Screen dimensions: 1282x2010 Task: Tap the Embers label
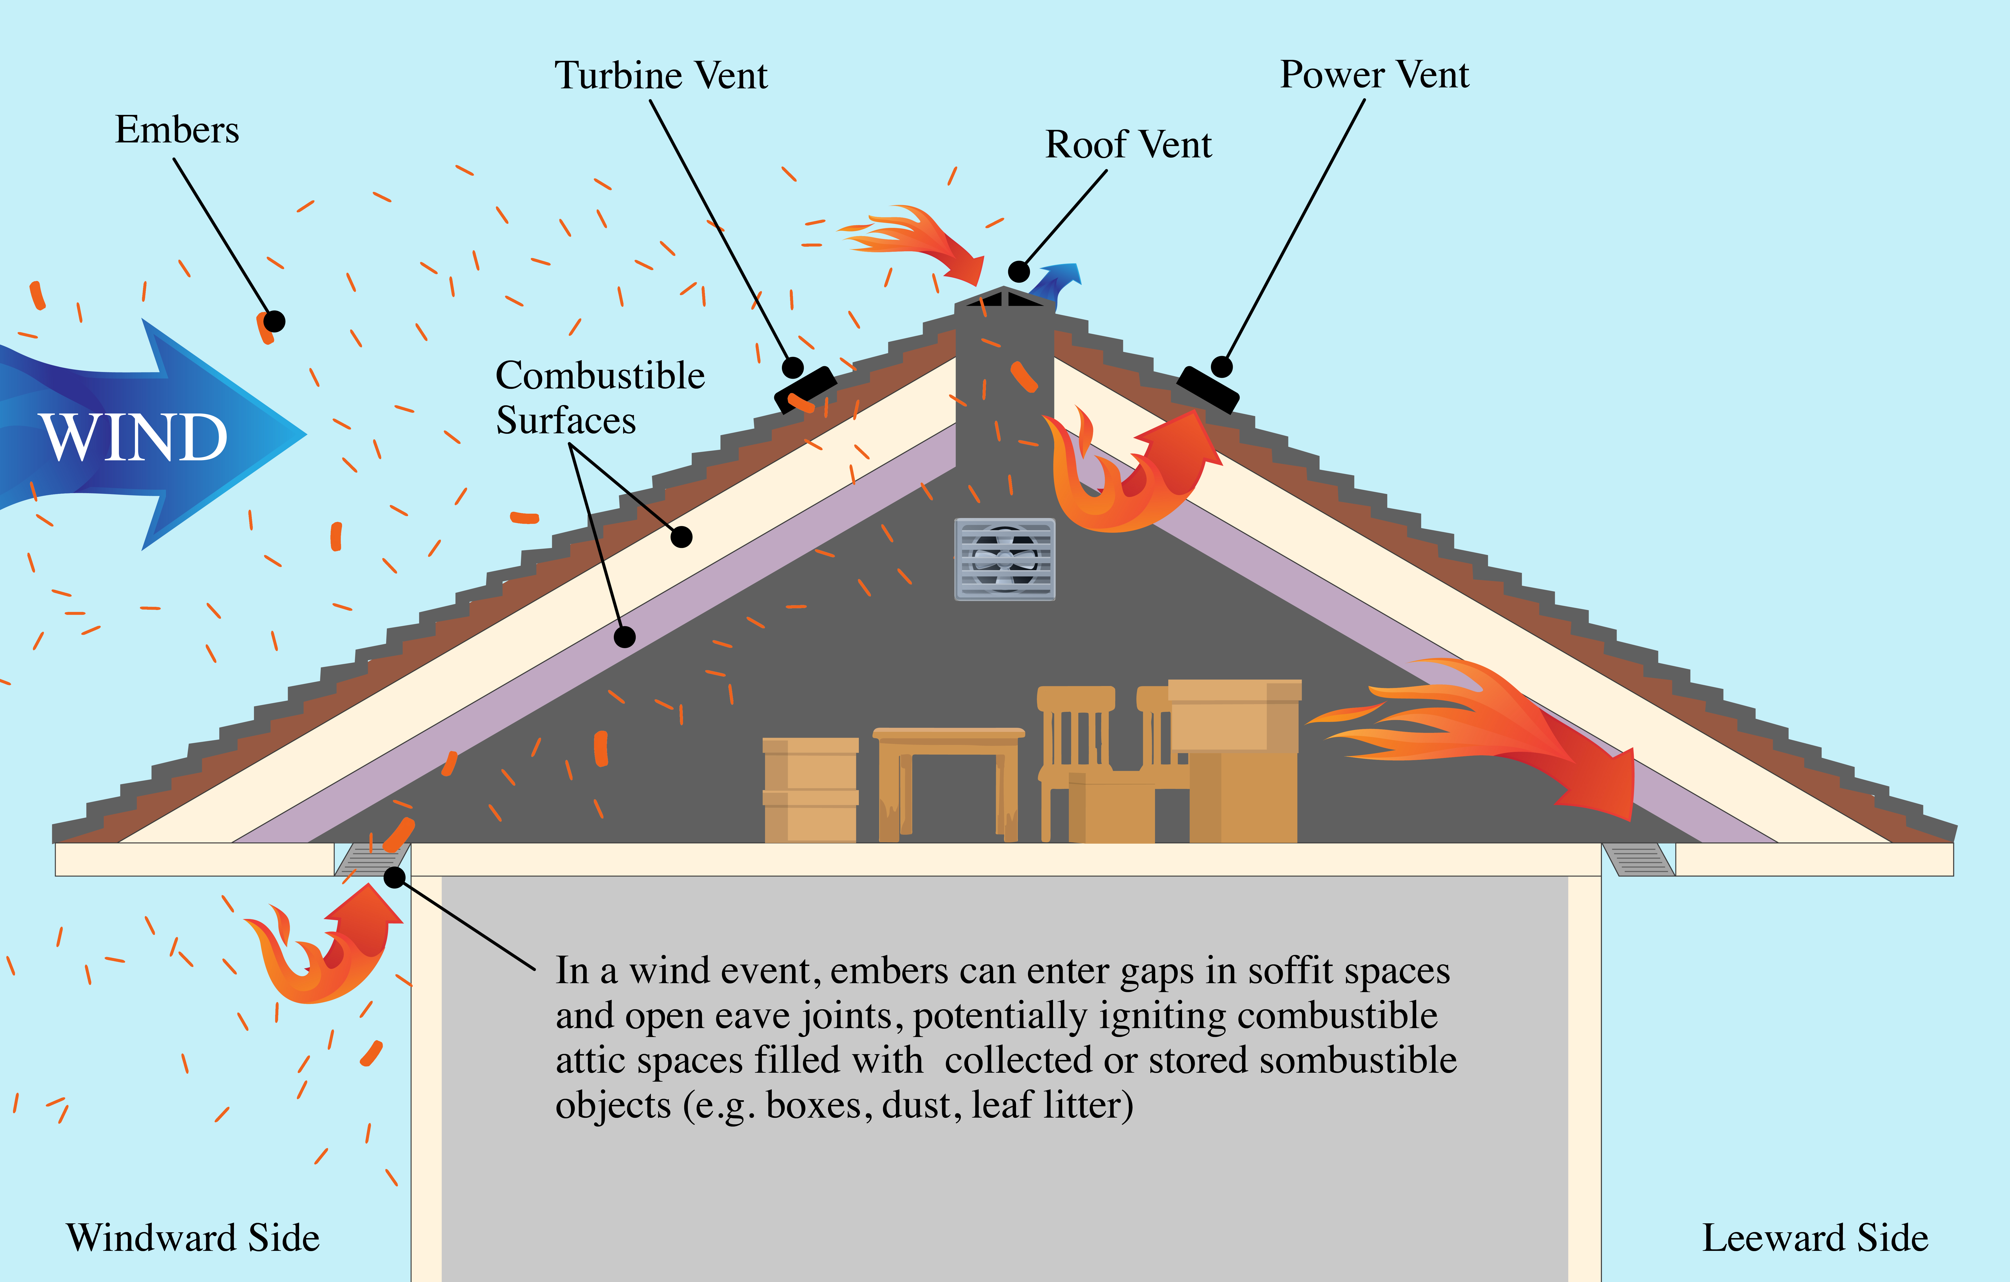tap(177, 130)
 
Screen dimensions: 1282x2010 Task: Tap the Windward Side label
tap(193, 1238)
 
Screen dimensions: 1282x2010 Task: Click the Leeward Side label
tap(1815, 1238)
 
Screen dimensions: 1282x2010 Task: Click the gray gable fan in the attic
tap(1005, 559)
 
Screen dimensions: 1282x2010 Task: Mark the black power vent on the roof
tap(1207, 389)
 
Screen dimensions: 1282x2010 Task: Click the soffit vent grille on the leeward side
tap(1638, 859)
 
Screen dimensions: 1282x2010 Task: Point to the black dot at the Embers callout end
tap(274, 321)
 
